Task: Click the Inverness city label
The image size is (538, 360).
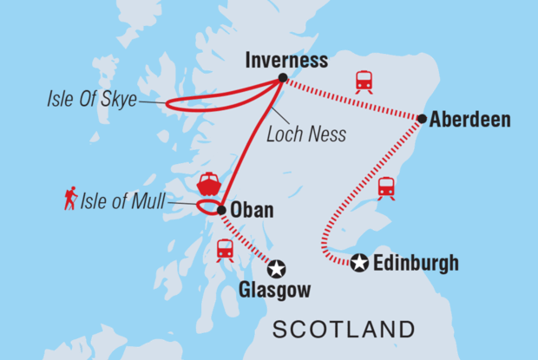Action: pos(286,61)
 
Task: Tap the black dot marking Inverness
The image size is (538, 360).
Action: pos(282,78)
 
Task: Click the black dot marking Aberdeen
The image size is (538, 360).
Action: pos(422,118)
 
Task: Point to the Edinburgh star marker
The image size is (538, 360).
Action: pos(359,263)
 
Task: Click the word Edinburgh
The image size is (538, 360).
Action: pos(415,263)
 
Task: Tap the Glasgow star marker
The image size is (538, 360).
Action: pos(276,269)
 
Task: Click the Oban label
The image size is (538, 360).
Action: pos(251,210)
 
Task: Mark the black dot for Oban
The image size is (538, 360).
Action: pos(221,210)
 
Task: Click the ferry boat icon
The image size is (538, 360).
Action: pos(209,184)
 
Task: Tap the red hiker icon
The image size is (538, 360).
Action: pos(70,200)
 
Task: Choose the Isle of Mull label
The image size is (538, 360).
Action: pos(123,202)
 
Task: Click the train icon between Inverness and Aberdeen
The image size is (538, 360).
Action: pos(364,82)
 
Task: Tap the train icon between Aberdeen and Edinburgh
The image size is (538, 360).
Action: pos(386,187)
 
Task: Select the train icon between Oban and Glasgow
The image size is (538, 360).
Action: pos(225,250)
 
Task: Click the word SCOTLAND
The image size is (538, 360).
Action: pos(343,329)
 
